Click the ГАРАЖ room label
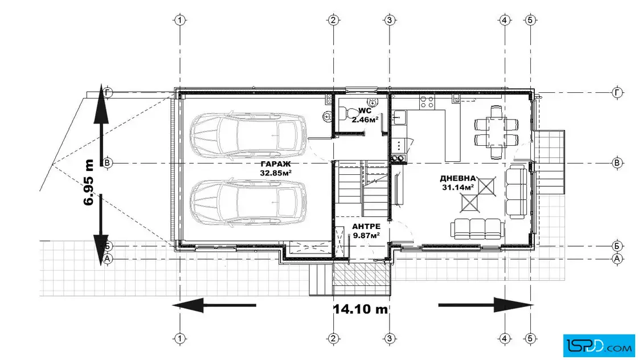pos(276,164)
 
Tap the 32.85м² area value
pos(276,173)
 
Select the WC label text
pos(365,111)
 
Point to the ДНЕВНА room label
pos(458,179)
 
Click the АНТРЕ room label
pos(366,227)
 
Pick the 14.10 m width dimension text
pos(361,309)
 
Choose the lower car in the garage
pos(248,201)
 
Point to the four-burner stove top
pos(427,102)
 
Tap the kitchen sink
pos(399,117)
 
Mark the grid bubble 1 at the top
pos(180,20)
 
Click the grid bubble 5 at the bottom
pos(530,338)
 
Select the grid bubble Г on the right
pos(617,93)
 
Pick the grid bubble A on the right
pos(617,259)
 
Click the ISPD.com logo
pos(599,346)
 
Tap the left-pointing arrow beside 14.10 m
pos(214,305)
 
